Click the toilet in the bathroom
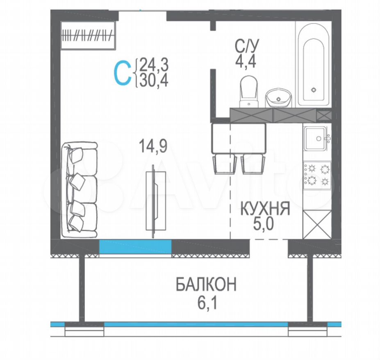pos(249,91)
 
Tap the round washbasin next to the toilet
pos(278,98)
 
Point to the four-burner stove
pos(317,175)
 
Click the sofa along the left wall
pos(80,190)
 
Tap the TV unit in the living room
pos(156,201)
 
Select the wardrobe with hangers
pos(88,35)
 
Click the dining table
pos(239,139)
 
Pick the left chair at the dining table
pos(224,164)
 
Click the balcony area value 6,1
pos(207,303)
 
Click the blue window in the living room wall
pos(135,247)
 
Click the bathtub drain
pos(314,90)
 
